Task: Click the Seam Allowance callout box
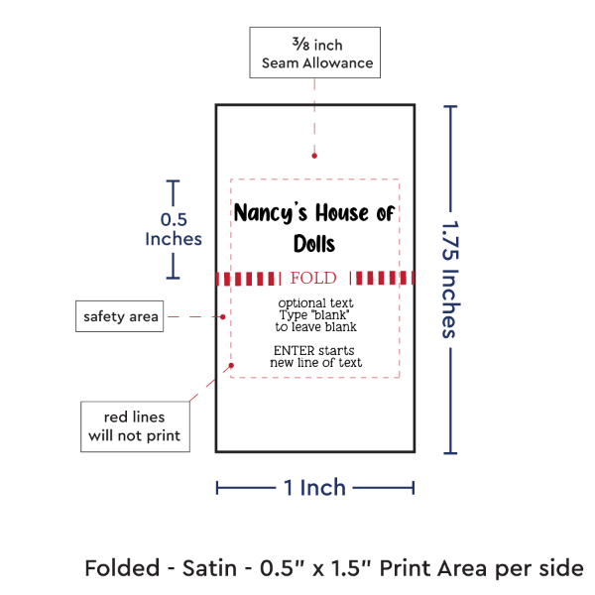(x=312, y=54)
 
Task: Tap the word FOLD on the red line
(x=313, y=278)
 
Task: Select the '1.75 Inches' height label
(x=449, y=278)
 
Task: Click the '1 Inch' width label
(x=314, y=487)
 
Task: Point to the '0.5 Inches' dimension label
(x=173, y=229)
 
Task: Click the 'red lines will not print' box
(x=135, y=425)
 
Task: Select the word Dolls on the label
(x=314, y=244)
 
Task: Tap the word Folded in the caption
(x=122, y=568)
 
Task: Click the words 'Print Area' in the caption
(x=446, y=568)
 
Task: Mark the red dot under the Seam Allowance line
(x=314, y=155)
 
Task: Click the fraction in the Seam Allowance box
(x=300, y=45)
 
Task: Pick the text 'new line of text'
(x=315, y=363)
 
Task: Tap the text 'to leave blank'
(x=315, y=326)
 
